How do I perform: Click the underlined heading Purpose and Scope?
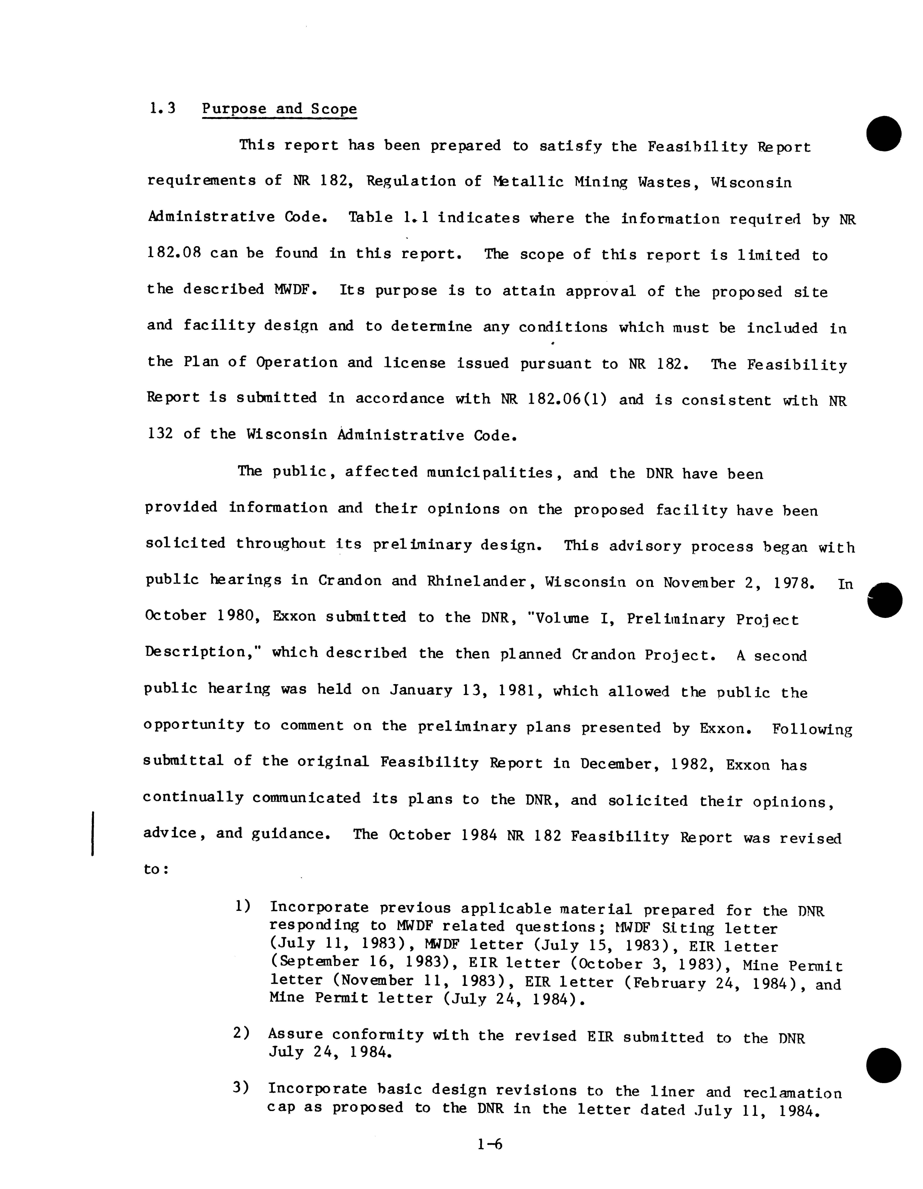tap(280, 109)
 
